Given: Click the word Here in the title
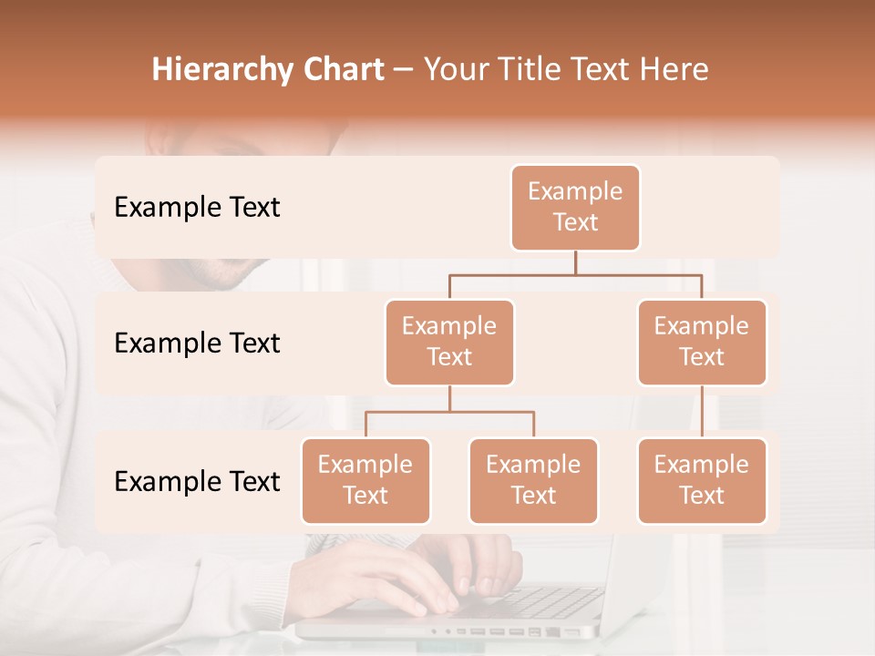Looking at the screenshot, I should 673,70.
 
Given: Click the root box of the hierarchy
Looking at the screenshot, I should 575,208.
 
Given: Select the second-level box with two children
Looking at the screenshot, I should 449,343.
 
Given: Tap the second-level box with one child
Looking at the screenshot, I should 702,343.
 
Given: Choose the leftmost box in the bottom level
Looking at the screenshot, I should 365,481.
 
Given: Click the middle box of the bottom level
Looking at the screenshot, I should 533,481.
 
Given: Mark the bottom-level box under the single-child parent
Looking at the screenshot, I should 702,481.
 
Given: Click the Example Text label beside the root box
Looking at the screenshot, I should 197,208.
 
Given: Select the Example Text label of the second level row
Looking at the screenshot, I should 197,343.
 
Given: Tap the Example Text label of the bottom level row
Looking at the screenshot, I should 197,482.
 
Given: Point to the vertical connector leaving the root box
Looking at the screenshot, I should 575,262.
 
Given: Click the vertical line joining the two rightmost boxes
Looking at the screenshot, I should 702,412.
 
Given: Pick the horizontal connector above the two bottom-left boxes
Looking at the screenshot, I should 449,412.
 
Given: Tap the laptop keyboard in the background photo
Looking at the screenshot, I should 547,601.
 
